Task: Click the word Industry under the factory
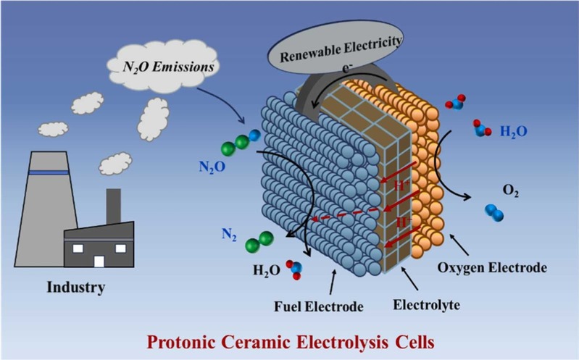coord(76,287)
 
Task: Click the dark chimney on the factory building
coord(113,206)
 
